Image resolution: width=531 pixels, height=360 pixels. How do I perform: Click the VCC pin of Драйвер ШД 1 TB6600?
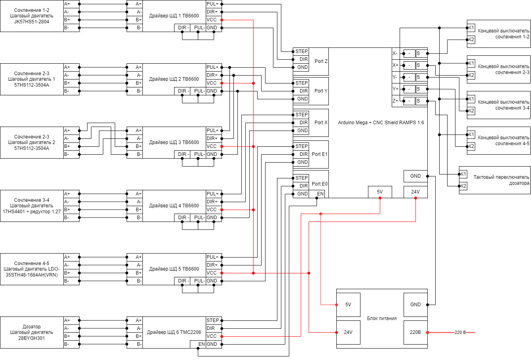[211, 20]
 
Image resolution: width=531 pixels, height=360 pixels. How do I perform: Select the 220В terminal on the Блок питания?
[415, 332]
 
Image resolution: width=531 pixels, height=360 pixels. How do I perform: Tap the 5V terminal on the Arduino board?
[380, 192]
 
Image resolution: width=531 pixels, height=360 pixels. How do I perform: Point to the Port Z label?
[321, 61]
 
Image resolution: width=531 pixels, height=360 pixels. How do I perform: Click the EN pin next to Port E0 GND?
[320, 193]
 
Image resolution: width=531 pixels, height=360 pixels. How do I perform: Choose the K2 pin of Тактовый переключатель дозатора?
[463, 186]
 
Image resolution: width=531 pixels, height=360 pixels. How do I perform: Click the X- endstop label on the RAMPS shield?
[395, 53]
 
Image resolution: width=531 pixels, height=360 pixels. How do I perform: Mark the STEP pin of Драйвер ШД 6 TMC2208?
[212, 320]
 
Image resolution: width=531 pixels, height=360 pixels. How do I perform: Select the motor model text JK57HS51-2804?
[32, 22]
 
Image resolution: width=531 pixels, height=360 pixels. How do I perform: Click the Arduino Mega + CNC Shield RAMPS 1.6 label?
[381, 123]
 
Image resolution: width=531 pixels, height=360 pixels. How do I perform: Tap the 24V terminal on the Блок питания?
[348, 332]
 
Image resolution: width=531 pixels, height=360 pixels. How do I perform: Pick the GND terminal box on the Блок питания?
[415, 305]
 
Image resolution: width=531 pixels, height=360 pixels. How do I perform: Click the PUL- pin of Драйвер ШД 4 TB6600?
[199, 217]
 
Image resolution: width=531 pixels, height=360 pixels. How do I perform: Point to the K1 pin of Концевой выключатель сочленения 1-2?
[471, 28]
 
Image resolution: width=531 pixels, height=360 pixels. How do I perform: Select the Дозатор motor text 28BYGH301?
[32, 338]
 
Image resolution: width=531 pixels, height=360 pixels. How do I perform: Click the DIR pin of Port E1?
[303, 154]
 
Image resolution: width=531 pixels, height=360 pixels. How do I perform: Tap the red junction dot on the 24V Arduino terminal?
[415, 198]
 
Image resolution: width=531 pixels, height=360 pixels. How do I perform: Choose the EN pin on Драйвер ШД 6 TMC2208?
[201, 344]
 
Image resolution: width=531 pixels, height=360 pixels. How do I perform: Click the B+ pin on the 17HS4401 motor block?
[67, 210]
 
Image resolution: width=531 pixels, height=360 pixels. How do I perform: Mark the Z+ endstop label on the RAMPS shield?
[395, 101]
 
